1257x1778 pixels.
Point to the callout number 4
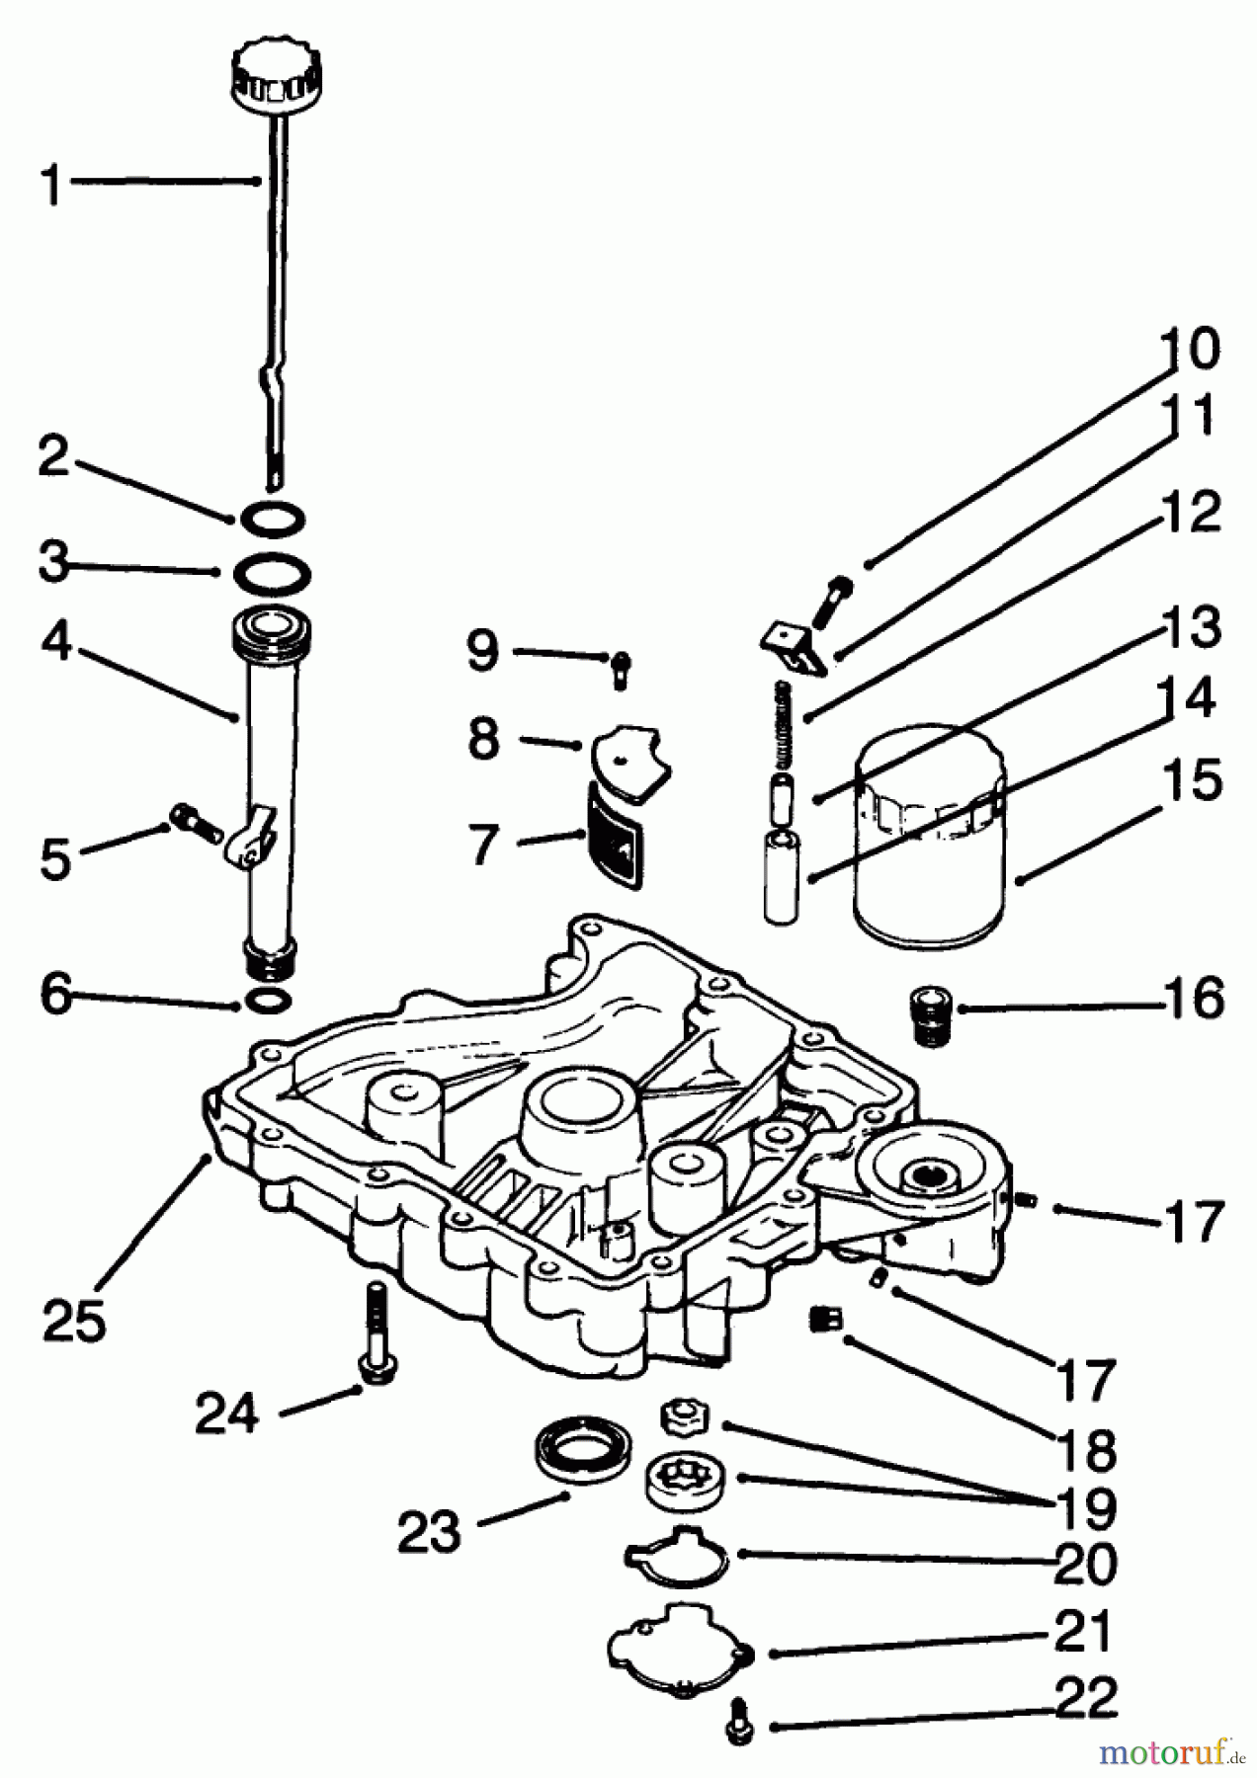(56, 643)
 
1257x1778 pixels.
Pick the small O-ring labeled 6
(267, 1001)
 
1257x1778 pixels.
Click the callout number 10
(1189, 349)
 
